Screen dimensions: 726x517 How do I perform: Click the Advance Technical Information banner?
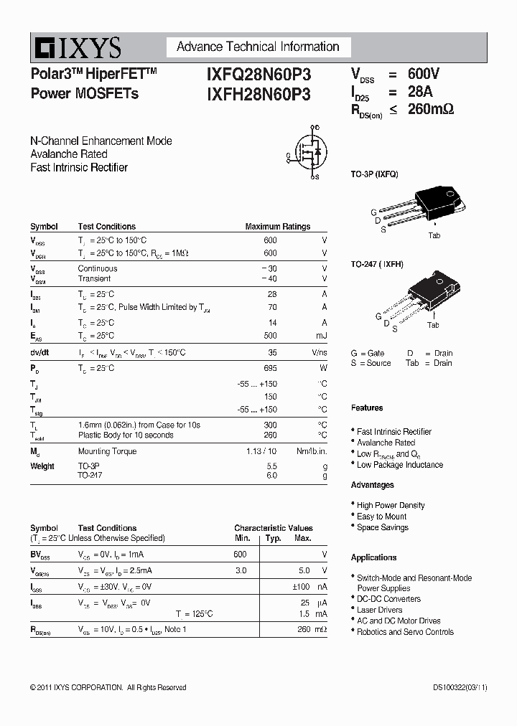pyautogui.click(x=258, y=47)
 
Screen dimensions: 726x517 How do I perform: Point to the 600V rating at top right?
pyautogui.click(x=423, y=75)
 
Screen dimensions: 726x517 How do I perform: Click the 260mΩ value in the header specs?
pyautogui.click(x=431, y=109)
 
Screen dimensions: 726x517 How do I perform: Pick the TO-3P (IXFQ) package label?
pyautogui.click(x=374, y=174)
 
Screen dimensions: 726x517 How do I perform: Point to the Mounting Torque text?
pyautogui.click(x=107, y=451)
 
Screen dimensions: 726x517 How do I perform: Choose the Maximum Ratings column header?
pyautogui.click(x=277, y=227)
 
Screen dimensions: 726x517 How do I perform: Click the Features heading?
pyautogui.click(x=367, y=408)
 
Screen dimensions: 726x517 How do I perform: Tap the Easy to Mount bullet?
pyautogui.click(x=381, y=517)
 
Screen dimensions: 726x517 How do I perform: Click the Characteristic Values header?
pyautogui.click(x=274, y=528)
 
